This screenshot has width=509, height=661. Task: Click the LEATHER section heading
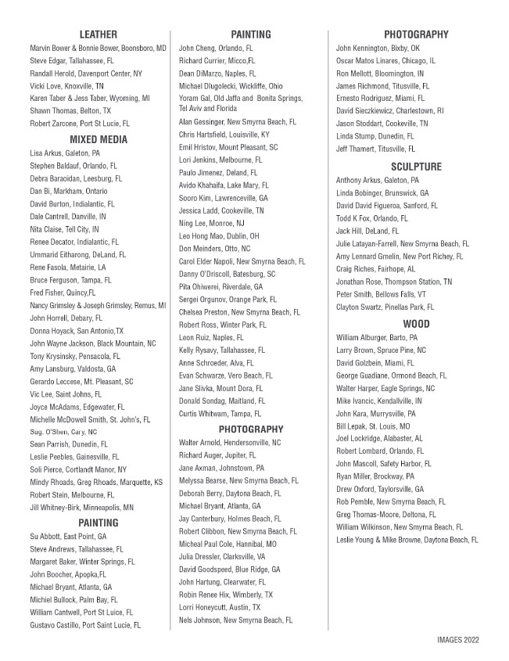click(98, 34)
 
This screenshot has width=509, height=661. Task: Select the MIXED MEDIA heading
click(98, 139)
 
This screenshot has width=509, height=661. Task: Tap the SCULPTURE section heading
click(416, 167)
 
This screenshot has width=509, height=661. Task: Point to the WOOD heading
click(416, 324)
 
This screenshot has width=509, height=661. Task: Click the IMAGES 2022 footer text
click(458, 639)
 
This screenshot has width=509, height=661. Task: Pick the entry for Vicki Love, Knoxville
click(66, 86)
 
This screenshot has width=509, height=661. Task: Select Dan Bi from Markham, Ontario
click(69, 191)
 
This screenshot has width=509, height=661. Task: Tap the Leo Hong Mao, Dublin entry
click(219, 236)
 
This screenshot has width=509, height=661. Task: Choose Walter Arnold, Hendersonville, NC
click(229, 443)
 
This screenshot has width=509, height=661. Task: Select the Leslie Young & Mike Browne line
click(407, 540)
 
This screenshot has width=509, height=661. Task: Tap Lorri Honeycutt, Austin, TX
click(219, 607)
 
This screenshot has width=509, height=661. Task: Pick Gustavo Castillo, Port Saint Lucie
click(85, 626)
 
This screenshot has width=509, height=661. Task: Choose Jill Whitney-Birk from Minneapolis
click(81, 507)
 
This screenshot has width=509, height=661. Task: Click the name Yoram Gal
click(196, 99)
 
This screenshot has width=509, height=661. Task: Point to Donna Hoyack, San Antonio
click(77, 331)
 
